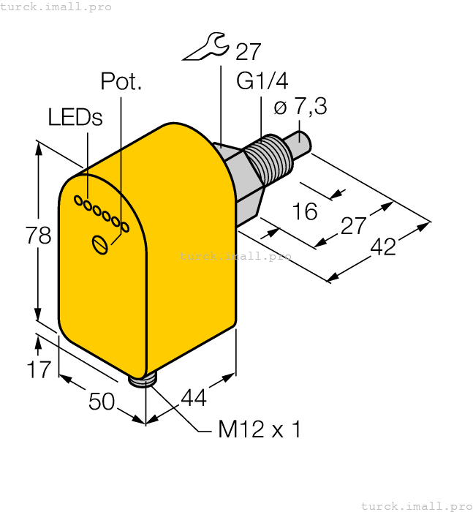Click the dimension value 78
click(39, 236)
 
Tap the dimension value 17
click(41, 369)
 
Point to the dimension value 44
click(194, 397)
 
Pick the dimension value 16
click(305, 211)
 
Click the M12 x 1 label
click(260, 429)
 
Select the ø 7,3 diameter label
click(300, 108)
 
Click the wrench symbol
click(205, 49)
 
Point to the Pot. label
click(121, 81)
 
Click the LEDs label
click(75, 117)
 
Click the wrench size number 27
click(249, 52)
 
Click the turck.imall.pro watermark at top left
click(56, 7)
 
